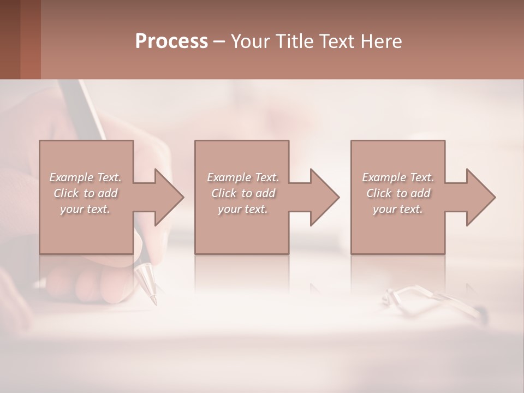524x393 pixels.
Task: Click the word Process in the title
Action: point(171,41)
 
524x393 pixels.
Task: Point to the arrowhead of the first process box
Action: point(169,197)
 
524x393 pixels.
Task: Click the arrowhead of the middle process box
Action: point(325,197)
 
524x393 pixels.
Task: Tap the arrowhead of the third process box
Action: point(481,197)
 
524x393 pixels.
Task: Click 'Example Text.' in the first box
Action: point(85,177)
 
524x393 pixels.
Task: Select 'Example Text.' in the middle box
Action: point(242,177)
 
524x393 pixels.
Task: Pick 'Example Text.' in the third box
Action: point(398,177)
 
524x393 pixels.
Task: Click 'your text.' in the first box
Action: point(85,209)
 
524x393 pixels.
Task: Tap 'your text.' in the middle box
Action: point(242,209)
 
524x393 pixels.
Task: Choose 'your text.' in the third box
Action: point(398,209)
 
